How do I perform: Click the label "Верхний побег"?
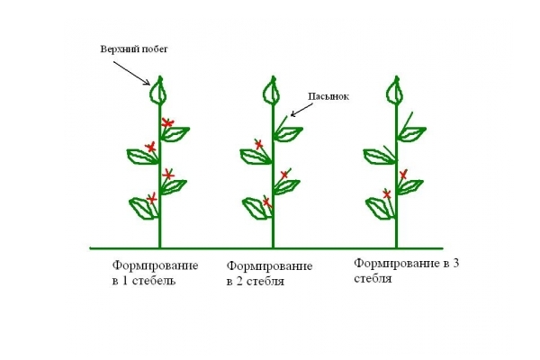point(134,49)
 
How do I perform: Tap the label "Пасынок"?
point(328,96)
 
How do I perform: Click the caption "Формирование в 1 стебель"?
point(156,273)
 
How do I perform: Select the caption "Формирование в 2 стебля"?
point(269,274)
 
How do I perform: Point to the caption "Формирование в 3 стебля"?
point(407,271)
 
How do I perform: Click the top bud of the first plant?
point(158,91)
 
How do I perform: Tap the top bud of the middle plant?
point(272,91)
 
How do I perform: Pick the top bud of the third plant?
point(395,91)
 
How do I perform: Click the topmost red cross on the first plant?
point(167,122)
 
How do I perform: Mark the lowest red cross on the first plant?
point(151,198)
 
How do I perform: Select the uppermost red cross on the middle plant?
point(259,144)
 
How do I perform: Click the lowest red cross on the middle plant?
point(267,202)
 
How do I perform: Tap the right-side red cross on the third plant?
point(403,175)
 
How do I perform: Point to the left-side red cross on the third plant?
point(387,194)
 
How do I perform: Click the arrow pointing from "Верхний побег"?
point(131,73)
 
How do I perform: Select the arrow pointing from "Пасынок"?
point(301,110)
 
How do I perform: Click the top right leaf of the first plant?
point(175,134)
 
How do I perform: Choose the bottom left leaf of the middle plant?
point(256,208)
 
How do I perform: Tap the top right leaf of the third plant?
point(412,134)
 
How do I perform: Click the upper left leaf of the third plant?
point(379,157)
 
